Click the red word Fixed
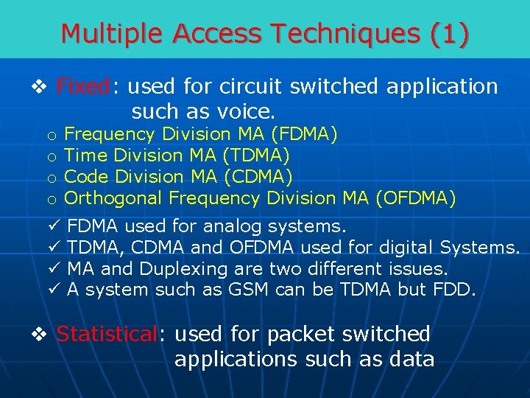(x=83, y=87)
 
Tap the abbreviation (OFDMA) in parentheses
(x=415, y=198)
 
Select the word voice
(x=241, y=113)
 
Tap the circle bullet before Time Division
(x=52, y=156)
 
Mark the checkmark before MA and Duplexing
(x=52, y=268)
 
